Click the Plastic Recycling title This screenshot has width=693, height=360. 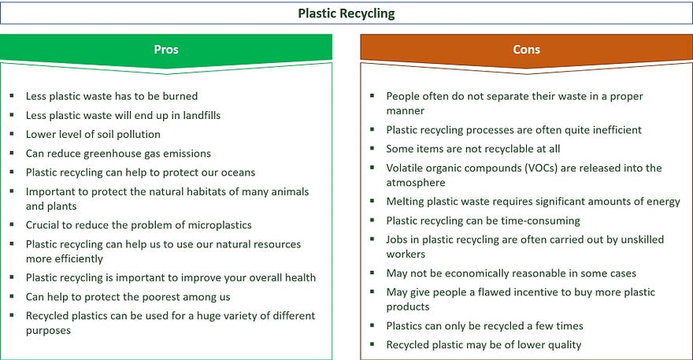tap(346, 13)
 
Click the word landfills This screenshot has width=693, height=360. tap(202, 116)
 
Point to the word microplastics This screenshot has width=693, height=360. tap(220, 225)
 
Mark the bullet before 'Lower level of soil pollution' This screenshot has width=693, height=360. tap(12, 134)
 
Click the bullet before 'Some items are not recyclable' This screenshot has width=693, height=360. tap(372, 148)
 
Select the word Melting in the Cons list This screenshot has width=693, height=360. tap(403, 202)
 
